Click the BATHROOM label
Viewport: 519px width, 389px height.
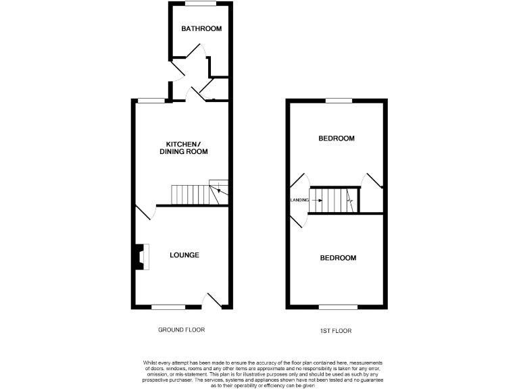click(x=201, y=28)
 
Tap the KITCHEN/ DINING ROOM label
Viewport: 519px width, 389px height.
click(x=183, y=148)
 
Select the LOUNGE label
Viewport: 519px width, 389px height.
click(x=184, y=255)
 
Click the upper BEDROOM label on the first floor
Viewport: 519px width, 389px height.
click(x=337, y=138)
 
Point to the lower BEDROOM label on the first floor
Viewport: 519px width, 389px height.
click(x=338, y=258)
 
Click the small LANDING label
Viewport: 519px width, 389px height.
click(x=299, y=200)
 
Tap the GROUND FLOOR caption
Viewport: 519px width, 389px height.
click(x=181, y=330)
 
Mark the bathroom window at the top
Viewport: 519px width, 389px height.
click(x=201, y=3)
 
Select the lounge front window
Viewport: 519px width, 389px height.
click(x=168, y=307)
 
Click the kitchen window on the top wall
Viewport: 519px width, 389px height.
click(x=151, y=101)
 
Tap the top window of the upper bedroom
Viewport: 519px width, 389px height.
click(x=338, y=101)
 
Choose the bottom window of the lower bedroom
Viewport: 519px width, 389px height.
click(x=338, y=307)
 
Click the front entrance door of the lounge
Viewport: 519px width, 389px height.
click(x=214, y=301)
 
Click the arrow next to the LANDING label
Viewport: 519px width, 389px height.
click(x=314, y=200)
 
